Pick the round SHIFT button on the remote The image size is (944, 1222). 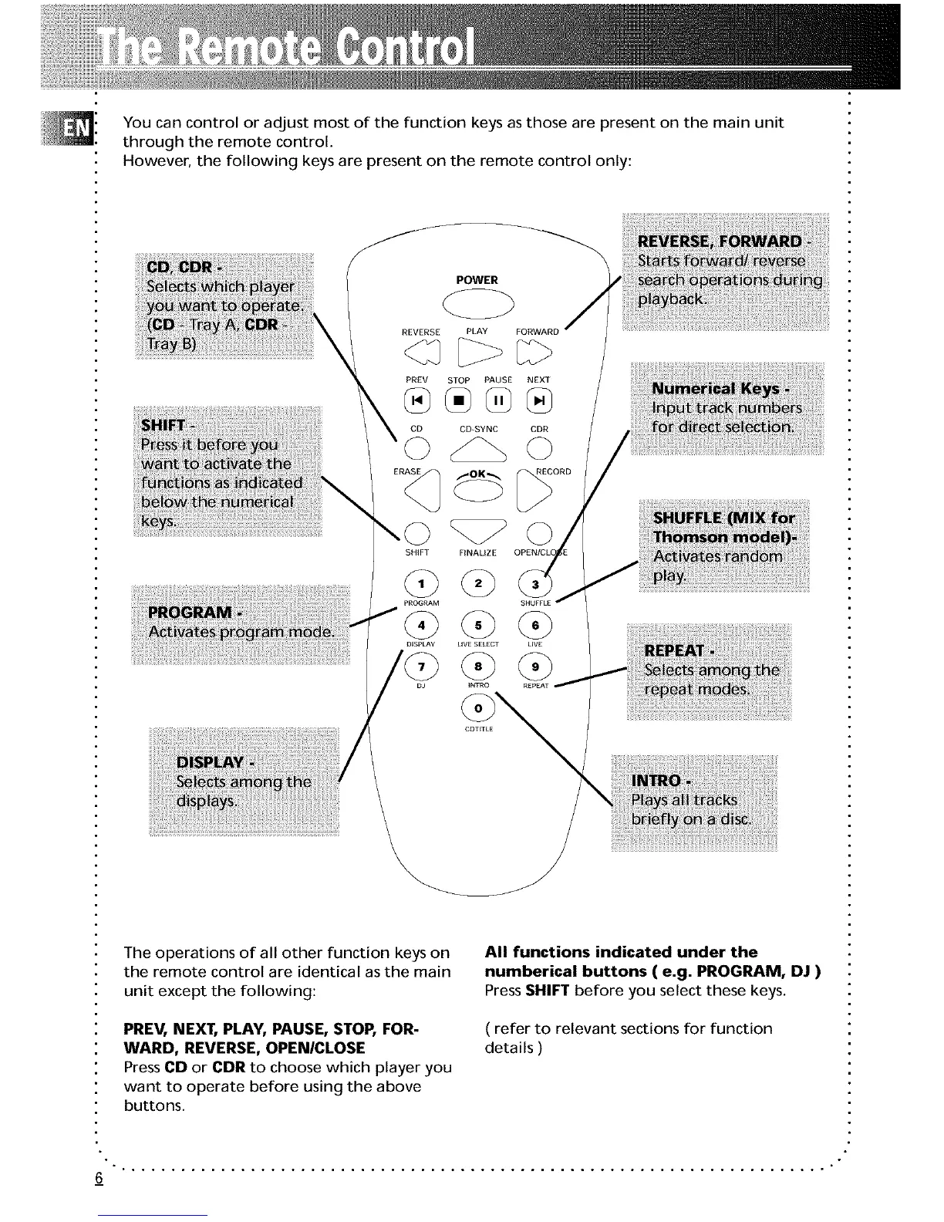pyautogui.click(x=416, y=532)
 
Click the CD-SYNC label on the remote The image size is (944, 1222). pyautogui.click(x=478, y=430)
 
